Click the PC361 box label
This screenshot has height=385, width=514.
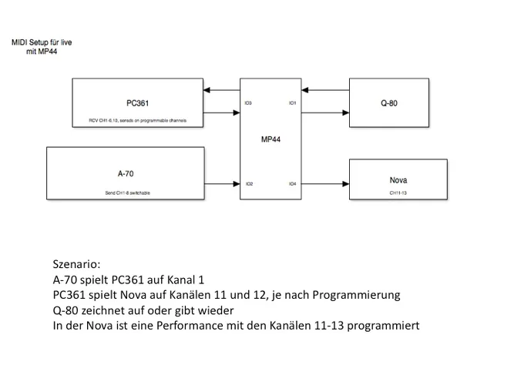coord(138,103)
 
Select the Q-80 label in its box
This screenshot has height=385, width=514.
coord(388,103)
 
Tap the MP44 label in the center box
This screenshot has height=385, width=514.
coord(270,139)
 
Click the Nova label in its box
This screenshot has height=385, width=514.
coord(398,180)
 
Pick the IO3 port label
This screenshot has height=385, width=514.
coord(248,103)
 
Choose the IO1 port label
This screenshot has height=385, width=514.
coord(292,103)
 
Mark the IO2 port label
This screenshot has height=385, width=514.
coord(249,184)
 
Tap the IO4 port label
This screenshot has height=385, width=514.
coord(292,184)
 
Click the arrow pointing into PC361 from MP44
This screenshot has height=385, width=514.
coord(223,91)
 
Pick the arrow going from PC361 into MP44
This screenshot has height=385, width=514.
coord(223,114)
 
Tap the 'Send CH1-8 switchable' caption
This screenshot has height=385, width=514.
coord(128,192)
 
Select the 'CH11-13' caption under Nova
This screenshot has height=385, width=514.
coord(398,192)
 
